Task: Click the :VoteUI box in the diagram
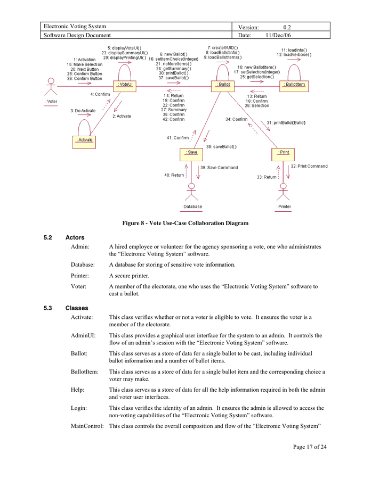(125, 85)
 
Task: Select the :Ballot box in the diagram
(223, 85)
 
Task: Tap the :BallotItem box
(294, 85)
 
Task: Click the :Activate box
(84, 140)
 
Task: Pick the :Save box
(192, 152)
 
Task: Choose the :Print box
(284, 152)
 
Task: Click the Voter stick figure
(51, 87)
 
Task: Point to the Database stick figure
(192, 192)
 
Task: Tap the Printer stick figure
(284, 192)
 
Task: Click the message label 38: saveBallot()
(221, 146)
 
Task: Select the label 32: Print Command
(309, 166)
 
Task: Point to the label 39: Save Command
(219, 168)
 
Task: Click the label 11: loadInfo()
(294, 49)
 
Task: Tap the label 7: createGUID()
(222, 47)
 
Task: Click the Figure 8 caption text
(185, 223)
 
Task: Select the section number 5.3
(49, 308)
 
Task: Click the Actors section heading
(75, 237)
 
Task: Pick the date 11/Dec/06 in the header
(278, 35)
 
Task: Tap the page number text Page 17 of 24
(310, 447)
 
